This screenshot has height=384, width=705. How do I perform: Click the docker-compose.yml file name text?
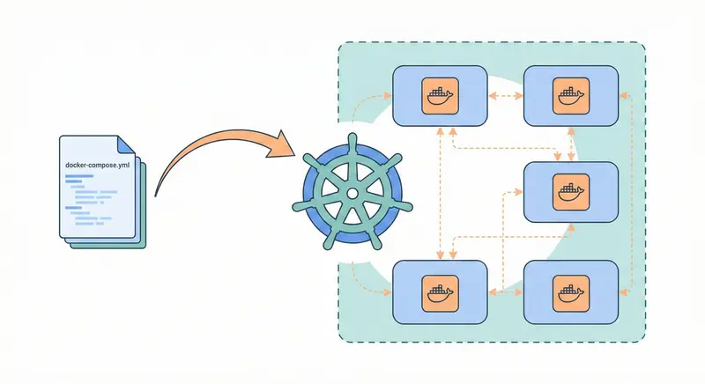[x=99, y=165]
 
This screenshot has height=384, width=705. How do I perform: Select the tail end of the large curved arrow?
[x=157, y=194]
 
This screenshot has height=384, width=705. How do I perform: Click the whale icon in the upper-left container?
[x=439, y=96]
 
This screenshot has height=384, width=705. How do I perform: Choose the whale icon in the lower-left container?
[x=439, y=291]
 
